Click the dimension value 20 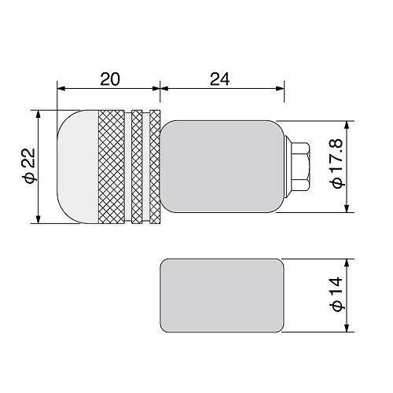click(x=110, y=79)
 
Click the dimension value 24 click(x=220, y=79)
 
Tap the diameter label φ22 click(x=29, y=165)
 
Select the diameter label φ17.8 click(x=337, y=163)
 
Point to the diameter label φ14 click(x=337, y=294)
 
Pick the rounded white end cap click(x=78, y=167)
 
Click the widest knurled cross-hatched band click(x=112, y=167)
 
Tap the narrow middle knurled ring click(x=137, y=167)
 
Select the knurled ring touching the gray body click(x=155, y=167)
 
